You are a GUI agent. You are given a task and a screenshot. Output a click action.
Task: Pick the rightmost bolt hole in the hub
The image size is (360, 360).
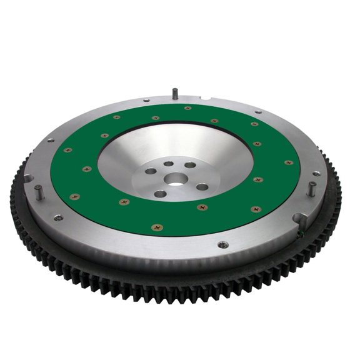pos(202,187)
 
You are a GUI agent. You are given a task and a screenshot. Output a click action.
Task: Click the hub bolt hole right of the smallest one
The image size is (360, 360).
pos(189,165)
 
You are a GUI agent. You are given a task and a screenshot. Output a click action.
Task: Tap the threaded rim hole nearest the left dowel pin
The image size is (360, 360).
pos(57,217)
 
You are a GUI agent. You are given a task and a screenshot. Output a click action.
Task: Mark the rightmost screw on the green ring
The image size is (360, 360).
pos(288,163)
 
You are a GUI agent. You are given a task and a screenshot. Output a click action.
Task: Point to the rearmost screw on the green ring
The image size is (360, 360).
pos(187,108)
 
